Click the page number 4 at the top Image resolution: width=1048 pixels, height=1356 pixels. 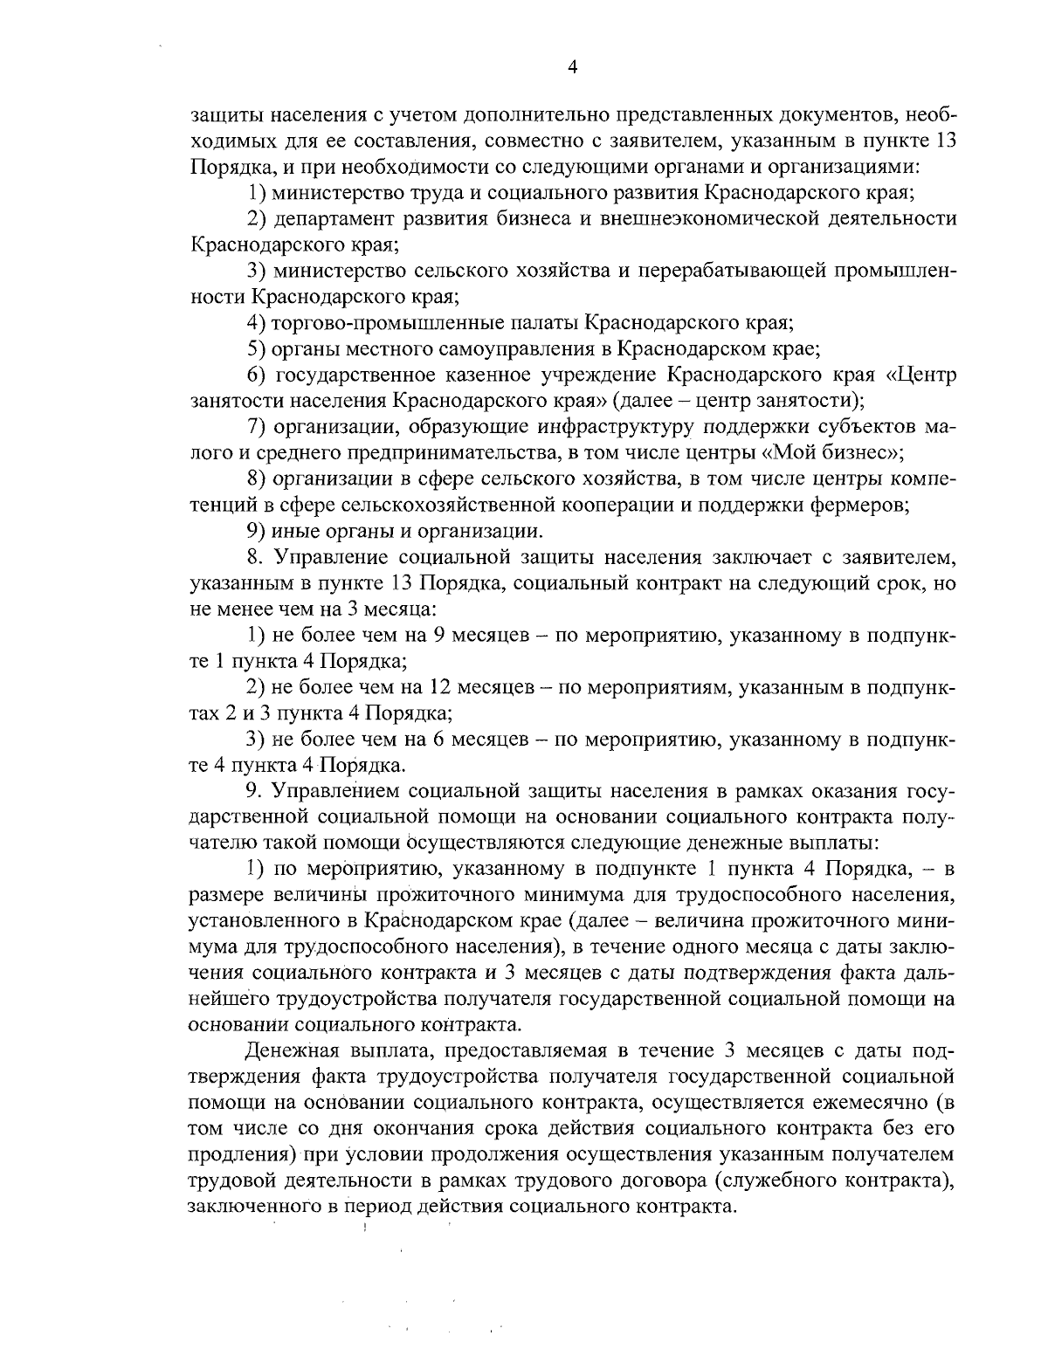click(x=572, y=68)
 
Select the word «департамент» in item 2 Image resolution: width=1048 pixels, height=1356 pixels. click(x=329, y=217)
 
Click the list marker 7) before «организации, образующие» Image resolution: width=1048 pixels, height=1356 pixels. click(x=257, y=427)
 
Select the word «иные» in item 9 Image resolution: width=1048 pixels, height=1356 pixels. click(x=294, y=531)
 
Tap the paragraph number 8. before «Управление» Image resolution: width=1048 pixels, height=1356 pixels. click(x=254, y=557)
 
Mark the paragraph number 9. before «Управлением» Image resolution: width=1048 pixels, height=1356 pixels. click(x=254, y=791)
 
